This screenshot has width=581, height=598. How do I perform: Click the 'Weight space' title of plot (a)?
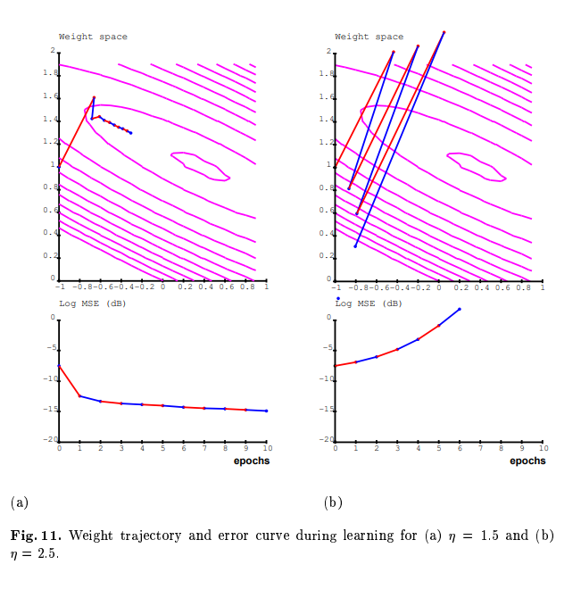93,37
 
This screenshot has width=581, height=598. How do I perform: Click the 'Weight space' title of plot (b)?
369,37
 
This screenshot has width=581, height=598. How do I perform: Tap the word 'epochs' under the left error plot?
252,461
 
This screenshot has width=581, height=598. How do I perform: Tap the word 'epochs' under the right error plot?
527,461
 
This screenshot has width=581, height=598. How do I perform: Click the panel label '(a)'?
20,502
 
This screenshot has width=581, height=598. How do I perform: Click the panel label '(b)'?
333,502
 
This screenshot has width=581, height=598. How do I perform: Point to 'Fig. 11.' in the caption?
36,536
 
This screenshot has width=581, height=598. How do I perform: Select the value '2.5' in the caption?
48,553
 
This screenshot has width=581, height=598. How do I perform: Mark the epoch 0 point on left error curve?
59,366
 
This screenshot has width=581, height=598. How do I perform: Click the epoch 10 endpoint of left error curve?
266,411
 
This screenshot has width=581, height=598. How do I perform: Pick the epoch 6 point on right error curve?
460,309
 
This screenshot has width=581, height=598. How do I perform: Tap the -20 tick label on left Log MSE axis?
52,440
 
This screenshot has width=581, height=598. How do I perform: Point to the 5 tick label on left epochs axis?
162,448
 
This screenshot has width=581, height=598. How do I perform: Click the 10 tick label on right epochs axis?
542,448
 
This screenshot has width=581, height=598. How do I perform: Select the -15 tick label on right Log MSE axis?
328,409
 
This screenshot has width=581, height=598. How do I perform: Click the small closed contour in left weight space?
200,165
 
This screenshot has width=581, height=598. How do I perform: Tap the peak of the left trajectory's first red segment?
94,97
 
